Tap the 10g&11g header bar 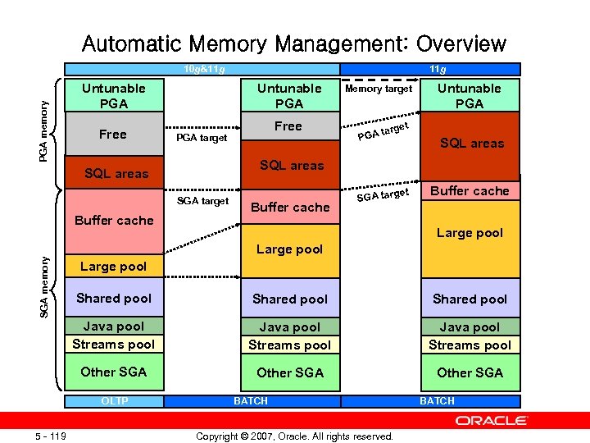tap(202, 69)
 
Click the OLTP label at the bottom tap(113, 400)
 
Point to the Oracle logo tap(492, 420)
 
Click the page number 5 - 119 tap(51, 436)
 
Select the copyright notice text tap(295, 436)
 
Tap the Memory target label tap(379, 89)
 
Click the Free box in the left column tap(113, 135)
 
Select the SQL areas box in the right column tap(471, 144)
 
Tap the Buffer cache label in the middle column tap(290, 208)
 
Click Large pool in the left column tap(113, 267)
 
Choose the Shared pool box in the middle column tap(290, 299)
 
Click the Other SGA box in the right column tap(470, 372)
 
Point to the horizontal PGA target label tap(202, 138)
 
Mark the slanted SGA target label tap(383, 194)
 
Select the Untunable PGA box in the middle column tap(289, 96)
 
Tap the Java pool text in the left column tap(113, 327)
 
